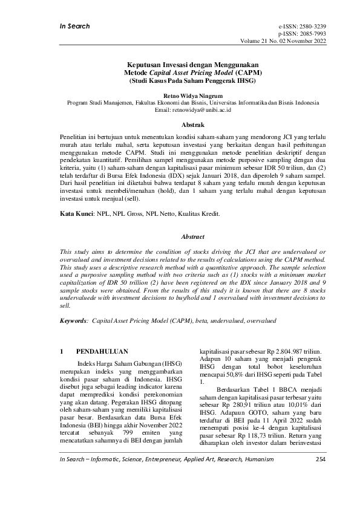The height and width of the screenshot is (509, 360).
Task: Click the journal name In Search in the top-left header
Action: [x=74, y=26]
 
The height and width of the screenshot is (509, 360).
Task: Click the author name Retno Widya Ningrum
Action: [x=180, y=96]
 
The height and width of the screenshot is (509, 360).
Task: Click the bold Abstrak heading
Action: [x=180, y=125]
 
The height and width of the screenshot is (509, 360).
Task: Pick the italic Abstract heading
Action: [x=180, y=236]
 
